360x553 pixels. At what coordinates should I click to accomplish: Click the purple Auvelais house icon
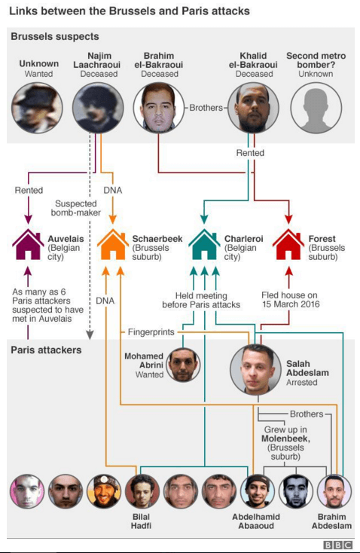click(28, 244)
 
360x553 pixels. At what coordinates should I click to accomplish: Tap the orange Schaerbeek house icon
click(112, 244)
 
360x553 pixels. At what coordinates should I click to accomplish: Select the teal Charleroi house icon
click(204, 244)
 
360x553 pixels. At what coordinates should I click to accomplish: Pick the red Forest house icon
click(288, 244)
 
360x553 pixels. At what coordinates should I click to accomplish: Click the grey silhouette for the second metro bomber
click(316, 108)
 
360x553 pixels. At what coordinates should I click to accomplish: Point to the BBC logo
click(337, 545)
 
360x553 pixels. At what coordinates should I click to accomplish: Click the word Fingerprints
click(151, 331)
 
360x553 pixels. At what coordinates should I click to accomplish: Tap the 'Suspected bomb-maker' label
click(76, 208)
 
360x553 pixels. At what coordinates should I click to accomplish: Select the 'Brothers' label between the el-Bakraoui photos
click(206, 108)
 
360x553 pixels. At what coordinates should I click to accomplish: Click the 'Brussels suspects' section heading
click(55, 36)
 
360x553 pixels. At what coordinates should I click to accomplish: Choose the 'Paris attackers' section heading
click(46, 350)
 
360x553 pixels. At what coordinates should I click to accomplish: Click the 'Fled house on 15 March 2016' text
click(290, 300)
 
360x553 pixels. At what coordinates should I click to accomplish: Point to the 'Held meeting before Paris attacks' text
click(201, 300)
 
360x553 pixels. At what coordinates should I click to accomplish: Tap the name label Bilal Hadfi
click(141, 521)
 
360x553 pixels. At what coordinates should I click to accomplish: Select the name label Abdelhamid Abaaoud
click(256, 521)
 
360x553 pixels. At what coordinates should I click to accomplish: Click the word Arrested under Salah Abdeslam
click(301, 382)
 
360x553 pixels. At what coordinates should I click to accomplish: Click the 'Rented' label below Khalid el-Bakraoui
click(250, 153)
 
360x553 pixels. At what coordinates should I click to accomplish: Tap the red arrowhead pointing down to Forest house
click(288, 219)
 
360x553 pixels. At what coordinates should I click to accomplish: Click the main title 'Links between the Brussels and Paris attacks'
click(129, 11)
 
